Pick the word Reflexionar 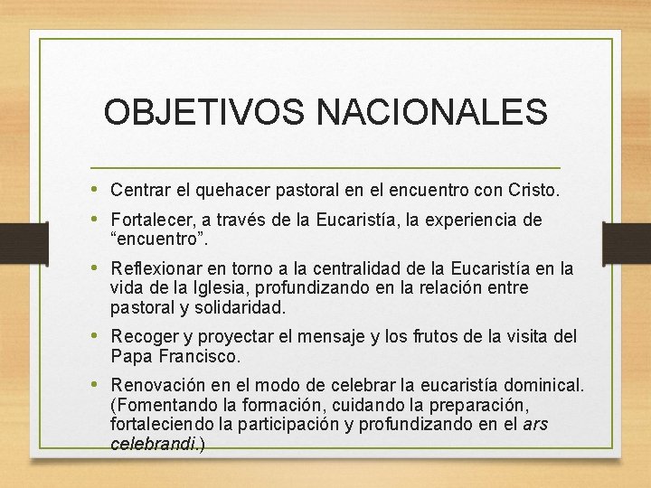(154, 269)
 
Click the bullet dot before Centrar (97, 190)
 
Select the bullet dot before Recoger (97, 337)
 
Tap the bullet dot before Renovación (97, 386)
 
